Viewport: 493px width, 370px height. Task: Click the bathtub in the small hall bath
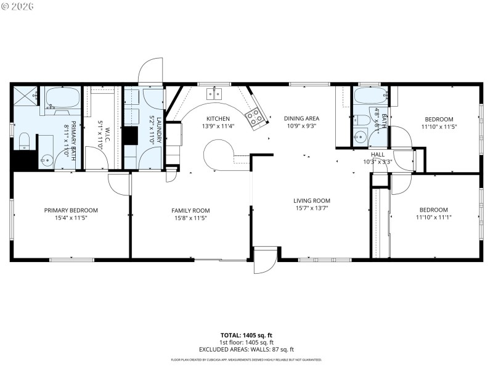[370, 96]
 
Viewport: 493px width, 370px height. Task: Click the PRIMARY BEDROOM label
[71, 210]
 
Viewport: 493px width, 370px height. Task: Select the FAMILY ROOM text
[190, 210]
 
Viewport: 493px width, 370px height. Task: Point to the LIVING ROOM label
[311, 200]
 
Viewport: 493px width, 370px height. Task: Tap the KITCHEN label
[218, 119]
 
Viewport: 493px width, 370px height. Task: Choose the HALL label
[377, 154]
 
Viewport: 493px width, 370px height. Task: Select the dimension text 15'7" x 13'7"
[311, 208]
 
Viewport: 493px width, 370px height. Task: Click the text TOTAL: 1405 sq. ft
[246, 335]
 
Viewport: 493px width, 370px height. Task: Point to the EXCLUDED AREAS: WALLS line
[246, 349]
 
